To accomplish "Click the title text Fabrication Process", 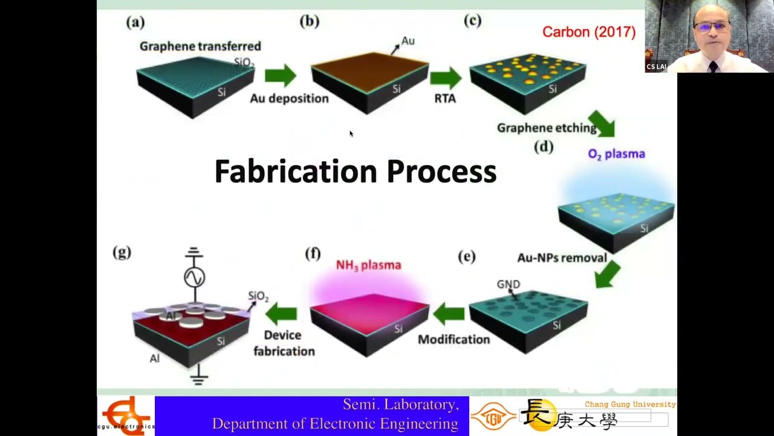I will [x=356, y=171].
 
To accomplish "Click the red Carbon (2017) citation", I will [x=588, y=32].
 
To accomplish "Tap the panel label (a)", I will [x=135, y=22].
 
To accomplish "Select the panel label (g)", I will [x=122, y=253].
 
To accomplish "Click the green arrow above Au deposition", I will [x=280, y=76].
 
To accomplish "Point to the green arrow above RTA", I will [x=445, y=78].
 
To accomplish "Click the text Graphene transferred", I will [x=200, y=47].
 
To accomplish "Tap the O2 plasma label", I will [x=616, y=154].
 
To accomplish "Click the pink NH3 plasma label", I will [x=368, y=265].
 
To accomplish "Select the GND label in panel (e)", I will [x=508, y=284].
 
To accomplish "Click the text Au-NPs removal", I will [x=562, y=258].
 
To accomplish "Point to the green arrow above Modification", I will [x=449, y=313].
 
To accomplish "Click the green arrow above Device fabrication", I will [x=281, y=312].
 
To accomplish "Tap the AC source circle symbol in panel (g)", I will [x=194, y=277].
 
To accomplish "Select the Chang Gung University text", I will [x=630, y=404].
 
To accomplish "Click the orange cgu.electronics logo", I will [x=125, y=415].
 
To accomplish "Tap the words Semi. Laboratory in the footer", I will [x=400, y=405].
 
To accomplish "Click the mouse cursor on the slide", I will [x=351, y=134].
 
